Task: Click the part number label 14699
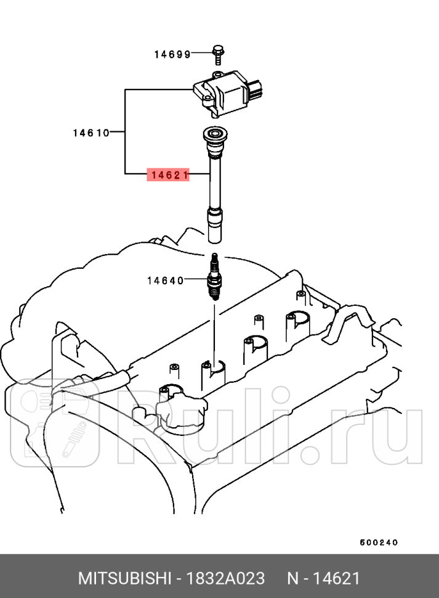(x=172, y=54)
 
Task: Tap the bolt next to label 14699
(x=217, y=54)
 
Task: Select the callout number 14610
(x=91, y=132)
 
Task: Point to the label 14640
(x=165, y=281)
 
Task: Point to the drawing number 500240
(x=379, y=543)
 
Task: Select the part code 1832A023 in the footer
(x=226, y=578)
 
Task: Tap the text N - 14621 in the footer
(x=323, y=578)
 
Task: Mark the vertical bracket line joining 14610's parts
(x=126, y=132)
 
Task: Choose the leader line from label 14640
(x=196, y=281)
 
